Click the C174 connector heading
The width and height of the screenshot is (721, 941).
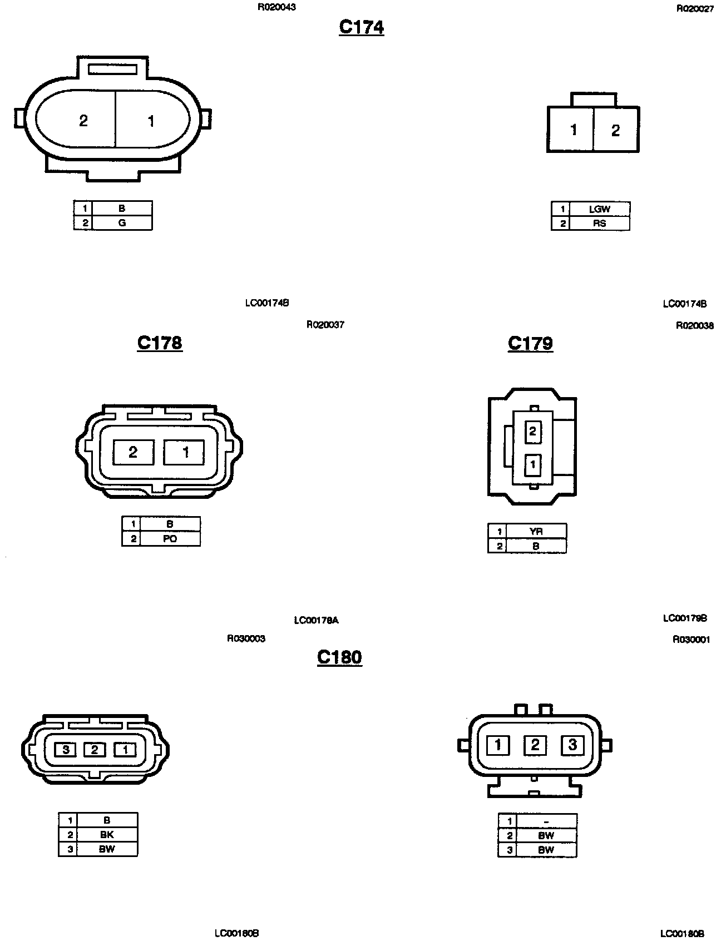click(361, 27)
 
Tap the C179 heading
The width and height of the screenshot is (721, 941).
click(530, 343)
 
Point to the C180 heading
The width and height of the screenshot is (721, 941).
click(339, 657)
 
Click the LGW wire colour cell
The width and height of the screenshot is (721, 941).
click(600, 209)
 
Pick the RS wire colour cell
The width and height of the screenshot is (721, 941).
click(600, 224)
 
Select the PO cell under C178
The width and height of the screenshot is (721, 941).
click(170, 538)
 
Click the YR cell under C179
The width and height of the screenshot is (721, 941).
click(536, 531)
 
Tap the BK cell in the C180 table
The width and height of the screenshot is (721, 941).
click(107, 834)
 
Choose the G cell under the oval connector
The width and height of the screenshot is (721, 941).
click(122, 223)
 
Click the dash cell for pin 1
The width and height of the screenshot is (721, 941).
click(546, 821)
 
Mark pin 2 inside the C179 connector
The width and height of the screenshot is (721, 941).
click(533, 431)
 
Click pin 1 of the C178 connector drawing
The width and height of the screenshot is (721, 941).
click(185, 452)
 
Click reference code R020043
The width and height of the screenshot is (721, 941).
click(276, 7)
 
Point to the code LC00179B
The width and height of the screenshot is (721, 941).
click(685, 618)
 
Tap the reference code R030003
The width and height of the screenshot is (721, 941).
click(246, 638)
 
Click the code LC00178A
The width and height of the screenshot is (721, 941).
click(316, 620)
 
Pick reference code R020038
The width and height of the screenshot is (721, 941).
click(694, 325)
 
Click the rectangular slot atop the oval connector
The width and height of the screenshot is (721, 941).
click(112, 69)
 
